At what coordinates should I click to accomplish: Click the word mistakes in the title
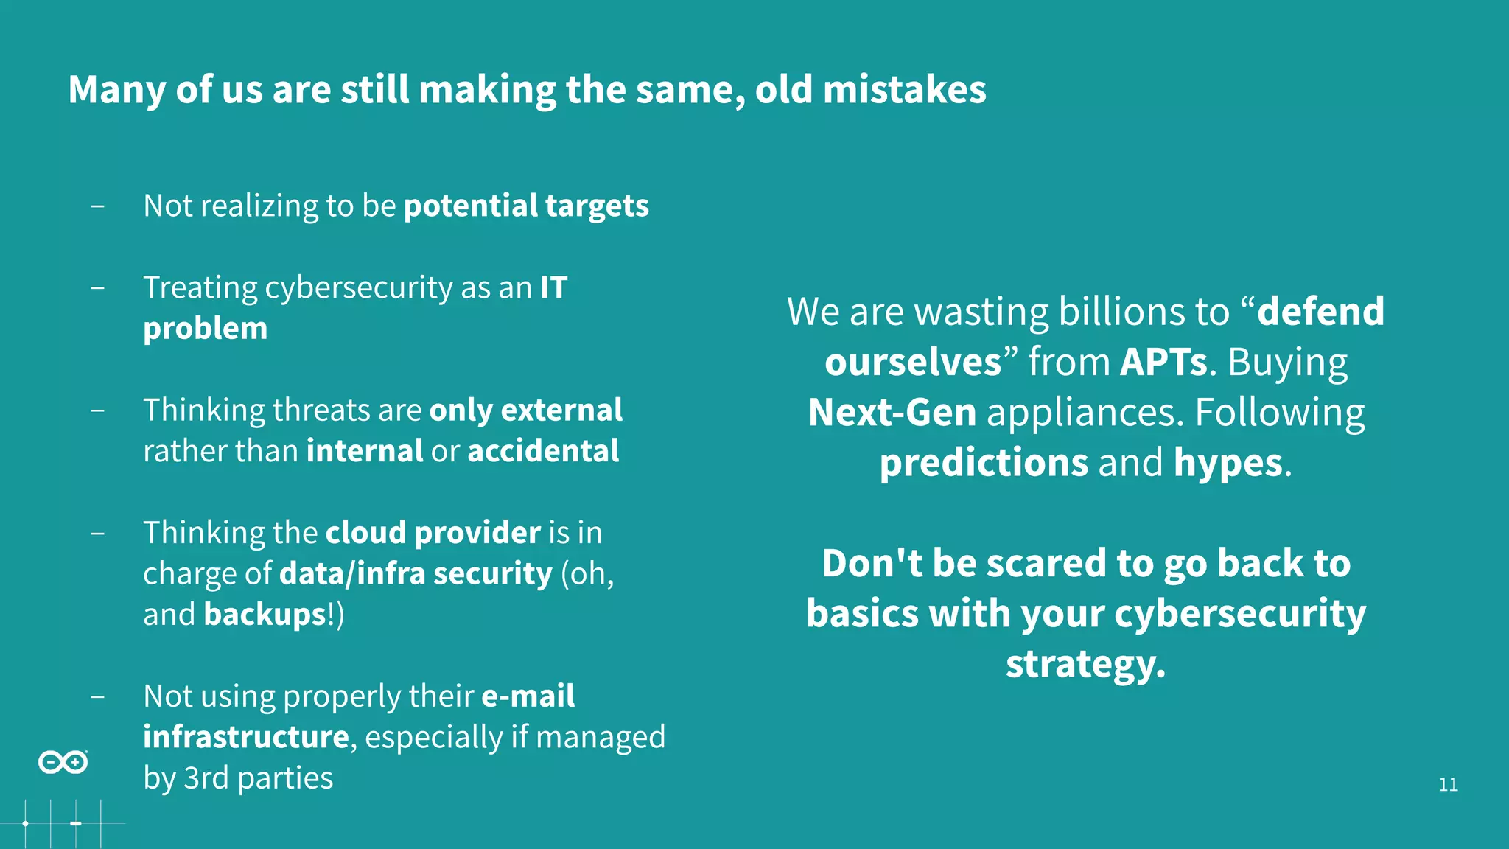click(904, 90)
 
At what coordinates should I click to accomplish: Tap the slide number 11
click(1448, 785)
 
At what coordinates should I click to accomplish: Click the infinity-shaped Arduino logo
click(63, 762)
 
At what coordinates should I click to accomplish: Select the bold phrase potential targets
click(526, 206)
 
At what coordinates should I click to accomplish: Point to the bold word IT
click(553, 287)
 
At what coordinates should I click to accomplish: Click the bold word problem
click(205, 329)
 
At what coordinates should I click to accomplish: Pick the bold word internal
click(365, 451)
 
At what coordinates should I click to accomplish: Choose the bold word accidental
click(543, 451)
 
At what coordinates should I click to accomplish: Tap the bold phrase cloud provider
click(433, 533)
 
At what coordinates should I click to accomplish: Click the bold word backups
click(265, 615)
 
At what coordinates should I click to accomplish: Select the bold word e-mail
click(528, 696)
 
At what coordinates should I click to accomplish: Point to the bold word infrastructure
click(245, 737)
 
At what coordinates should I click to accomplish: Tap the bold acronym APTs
click(1163, 363)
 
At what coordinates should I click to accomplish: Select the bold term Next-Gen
click(892, 413)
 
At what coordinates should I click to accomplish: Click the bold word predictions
click(984, 463)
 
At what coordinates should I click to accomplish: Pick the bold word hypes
click(1228, 463)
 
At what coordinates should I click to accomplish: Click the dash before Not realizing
click(97, 206)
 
